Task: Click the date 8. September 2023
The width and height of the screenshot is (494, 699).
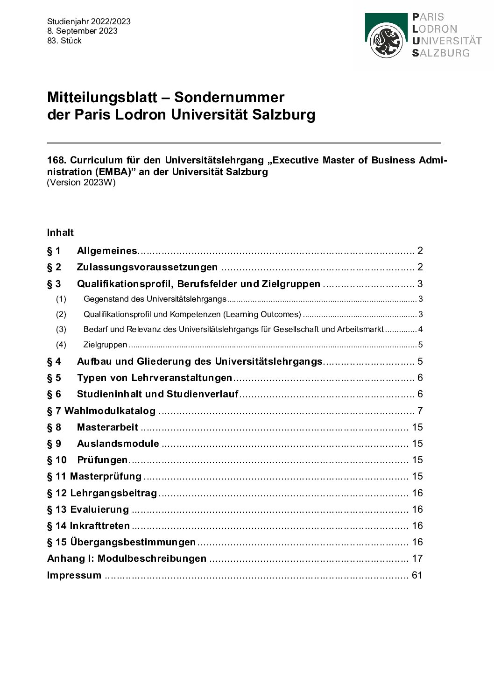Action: (x=82, y=31)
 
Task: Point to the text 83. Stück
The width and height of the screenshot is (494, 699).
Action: (x=64, y=41)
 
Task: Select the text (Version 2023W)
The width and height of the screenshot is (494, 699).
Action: (x=81, y=183)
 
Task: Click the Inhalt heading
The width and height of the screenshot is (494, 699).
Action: (x=60, y=232)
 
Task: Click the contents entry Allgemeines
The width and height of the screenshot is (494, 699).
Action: (x=107, y=251)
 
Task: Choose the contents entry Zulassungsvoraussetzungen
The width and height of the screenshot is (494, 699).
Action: (x=147, y=267)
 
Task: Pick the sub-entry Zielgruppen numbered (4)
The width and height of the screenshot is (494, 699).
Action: (x=105, y=345)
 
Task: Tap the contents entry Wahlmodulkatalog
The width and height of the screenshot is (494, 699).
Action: (x=110, y=411)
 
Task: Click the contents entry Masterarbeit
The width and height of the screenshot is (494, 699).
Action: (x=107, y=427)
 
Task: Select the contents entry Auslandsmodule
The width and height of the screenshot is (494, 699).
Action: (x=118, y=443)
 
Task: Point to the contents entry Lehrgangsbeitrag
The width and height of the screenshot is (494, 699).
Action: (x=113, y=493)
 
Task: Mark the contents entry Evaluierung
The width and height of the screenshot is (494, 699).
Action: (x=99, y=509)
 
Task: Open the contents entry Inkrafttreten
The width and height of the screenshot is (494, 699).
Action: (x=100, y=525)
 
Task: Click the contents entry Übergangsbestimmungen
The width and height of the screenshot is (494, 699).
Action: (x=133, y=542)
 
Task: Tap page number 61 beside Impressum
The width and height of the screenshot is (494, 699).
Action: (x=417, y=575)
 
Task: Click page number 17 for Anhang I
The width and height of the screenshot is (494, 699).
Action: (x=417, y=558)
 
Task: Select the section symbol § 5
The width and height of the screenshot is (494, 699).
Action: (x=54, y=377)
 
